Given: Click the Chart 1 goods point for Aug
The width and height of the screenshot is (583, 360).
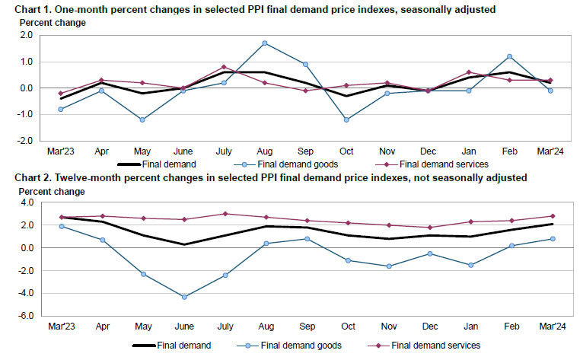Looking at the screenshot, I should [x=264, y=43].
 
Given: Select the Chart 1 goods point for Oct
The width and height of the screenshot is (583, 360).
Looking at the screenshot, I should [x=346, y=119].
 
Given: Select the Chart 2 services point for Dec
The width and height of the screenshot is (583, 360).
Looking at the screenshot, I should [x=430, y=228].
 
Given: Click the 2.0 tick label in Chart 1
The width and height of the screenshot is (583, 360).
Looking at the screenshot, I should [x=25, y=35].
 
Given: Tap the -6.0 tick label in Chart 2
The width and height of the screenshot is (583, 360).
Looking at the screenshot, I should [x=24, y=316].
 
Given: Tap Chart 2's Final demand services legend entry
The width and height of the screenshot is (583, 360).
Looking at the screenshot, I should [x=435, y=345].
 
